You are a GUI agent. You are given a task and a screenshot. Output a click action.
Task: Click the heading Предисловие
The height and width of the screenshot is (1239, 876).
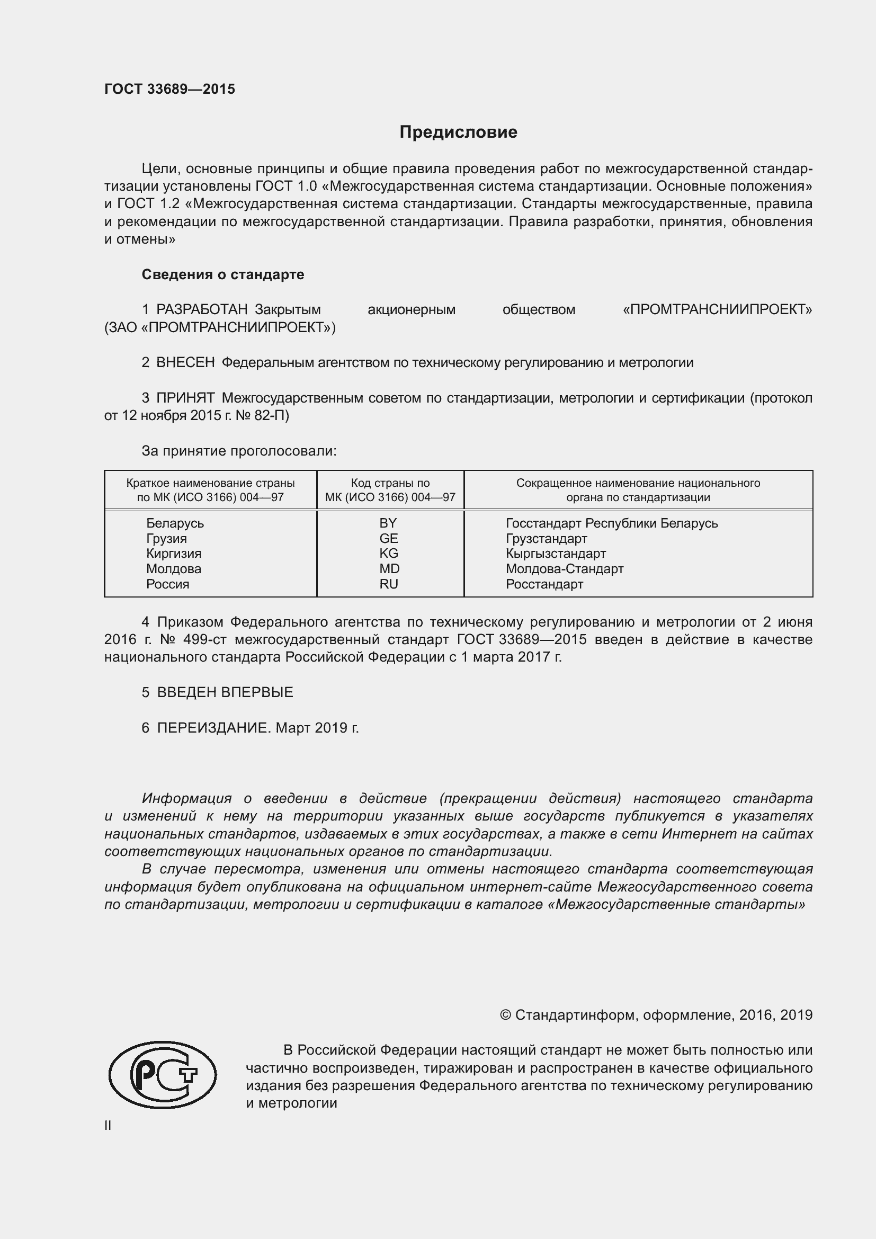click(x=458, y=132)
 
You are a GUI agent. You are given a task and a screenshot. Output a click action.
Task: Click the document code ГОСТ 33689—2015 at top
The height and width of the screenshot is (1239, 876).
click(x=169, y=89)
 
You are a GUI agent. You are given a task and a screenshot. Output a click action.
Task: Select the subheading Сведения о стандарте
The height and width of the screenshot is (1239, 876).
click(x=223, y=275)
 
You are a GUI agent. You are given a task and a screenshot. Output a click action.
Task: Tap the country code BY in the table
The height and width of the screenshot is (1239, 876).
click(x=388, y=523)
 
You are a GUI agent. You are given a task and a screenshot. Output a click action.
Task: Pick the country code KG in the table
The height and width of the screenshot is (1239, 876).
click(x=388, y=553)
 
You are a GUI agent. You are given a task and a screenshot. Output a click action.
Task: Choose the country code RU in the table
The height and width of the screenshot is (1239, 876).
click(x=388, y=584)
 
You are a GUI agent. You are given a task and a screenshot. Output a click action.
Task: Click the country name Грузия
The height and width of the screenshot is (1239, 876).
click(x=166, y=539)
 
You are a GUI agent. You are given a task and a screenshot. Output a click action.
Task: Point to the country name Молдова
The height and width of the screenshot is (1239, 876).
click(x=173, y=569)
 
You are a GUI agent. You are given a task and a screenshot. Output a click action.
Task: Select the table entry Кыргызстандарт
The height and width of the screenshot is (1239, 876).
click(x=556, y=554)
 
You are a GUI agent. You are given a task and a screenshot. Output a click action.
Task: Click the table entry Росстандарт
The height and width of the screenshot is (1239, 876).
click(x=544, y=584)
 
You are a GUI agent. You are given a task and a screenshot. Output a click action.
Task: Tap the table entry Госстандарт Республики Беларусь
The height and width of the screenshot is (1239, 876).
click(x=612, y=523)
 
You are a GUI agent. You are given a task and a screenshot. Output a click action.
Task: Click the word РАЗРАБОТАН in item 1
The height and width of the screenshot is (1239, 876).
click(x=202, y=310)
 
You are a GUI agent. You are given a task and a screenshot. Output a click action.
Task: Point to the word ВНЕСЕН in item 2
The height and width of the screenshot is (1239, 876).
click(x=185, y=363)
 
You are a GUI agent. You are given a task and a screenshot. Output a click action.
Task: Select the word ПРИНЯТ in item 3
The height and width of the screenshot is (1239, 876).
click(x=185, y=398)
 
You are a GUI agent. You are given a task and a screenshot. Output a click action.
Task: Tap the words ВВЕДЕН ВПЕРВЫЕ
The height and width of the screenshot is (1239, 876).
click(x=225, y=692)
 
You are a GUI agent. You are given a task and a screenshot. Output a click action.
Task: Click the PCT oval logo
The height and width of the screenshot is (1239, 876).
click(x=163, y=1075)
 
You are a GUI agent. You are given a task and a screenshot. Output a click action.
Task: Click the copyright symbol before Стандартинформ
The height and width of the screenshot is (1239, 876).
click(x=505, y=1015)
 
